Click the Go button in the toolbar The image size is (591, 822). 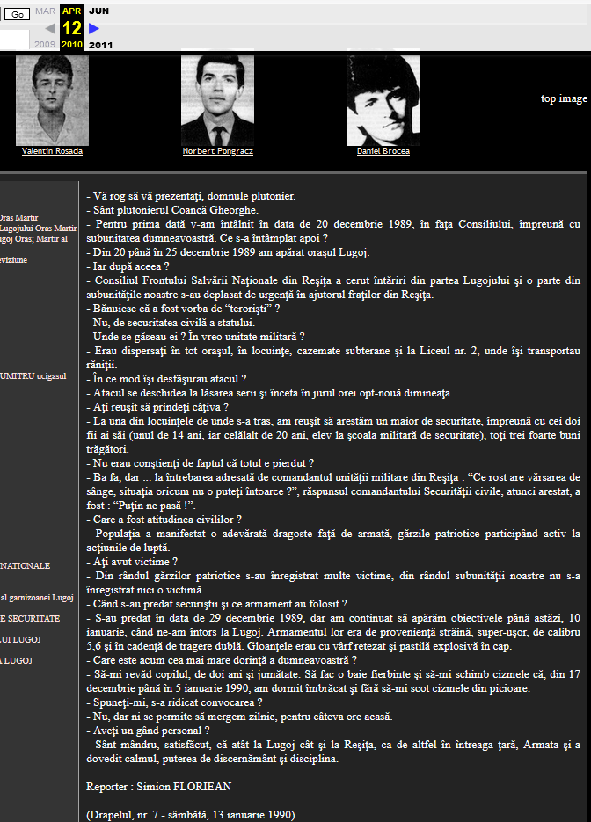pyautogui.click(x=18, y=14)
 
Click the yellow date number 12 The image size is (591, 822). pyautogui.click(x=72, y=27)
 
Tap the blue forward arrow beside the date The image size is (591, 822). pyautogui.click(x=94, y=28)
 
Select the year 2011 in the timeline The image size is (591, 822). pyautogui.click(x=101, y=45)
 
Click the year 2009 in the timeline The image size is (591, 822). pyautogui.click(x=44, y=44)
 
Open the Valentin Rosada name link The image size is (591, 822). pyautogui.click(x=52, y=151)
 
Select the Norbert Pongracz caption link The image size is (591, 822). pyautogui.click(x=216, y=151)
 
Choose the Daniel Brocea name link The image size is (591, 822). pyautogui.click(x=383, y=151)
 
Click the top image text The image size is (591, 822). pyautogui.click(x=564, y=98)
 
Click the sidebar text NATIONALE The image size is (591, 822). pyautogui.click(x=26, y=565)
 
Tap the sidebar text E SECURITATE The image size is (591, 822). pyautogui.click(x=31, y=618)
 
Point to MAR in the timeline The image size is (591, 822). pyautogui.click(x=45, y=11)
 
